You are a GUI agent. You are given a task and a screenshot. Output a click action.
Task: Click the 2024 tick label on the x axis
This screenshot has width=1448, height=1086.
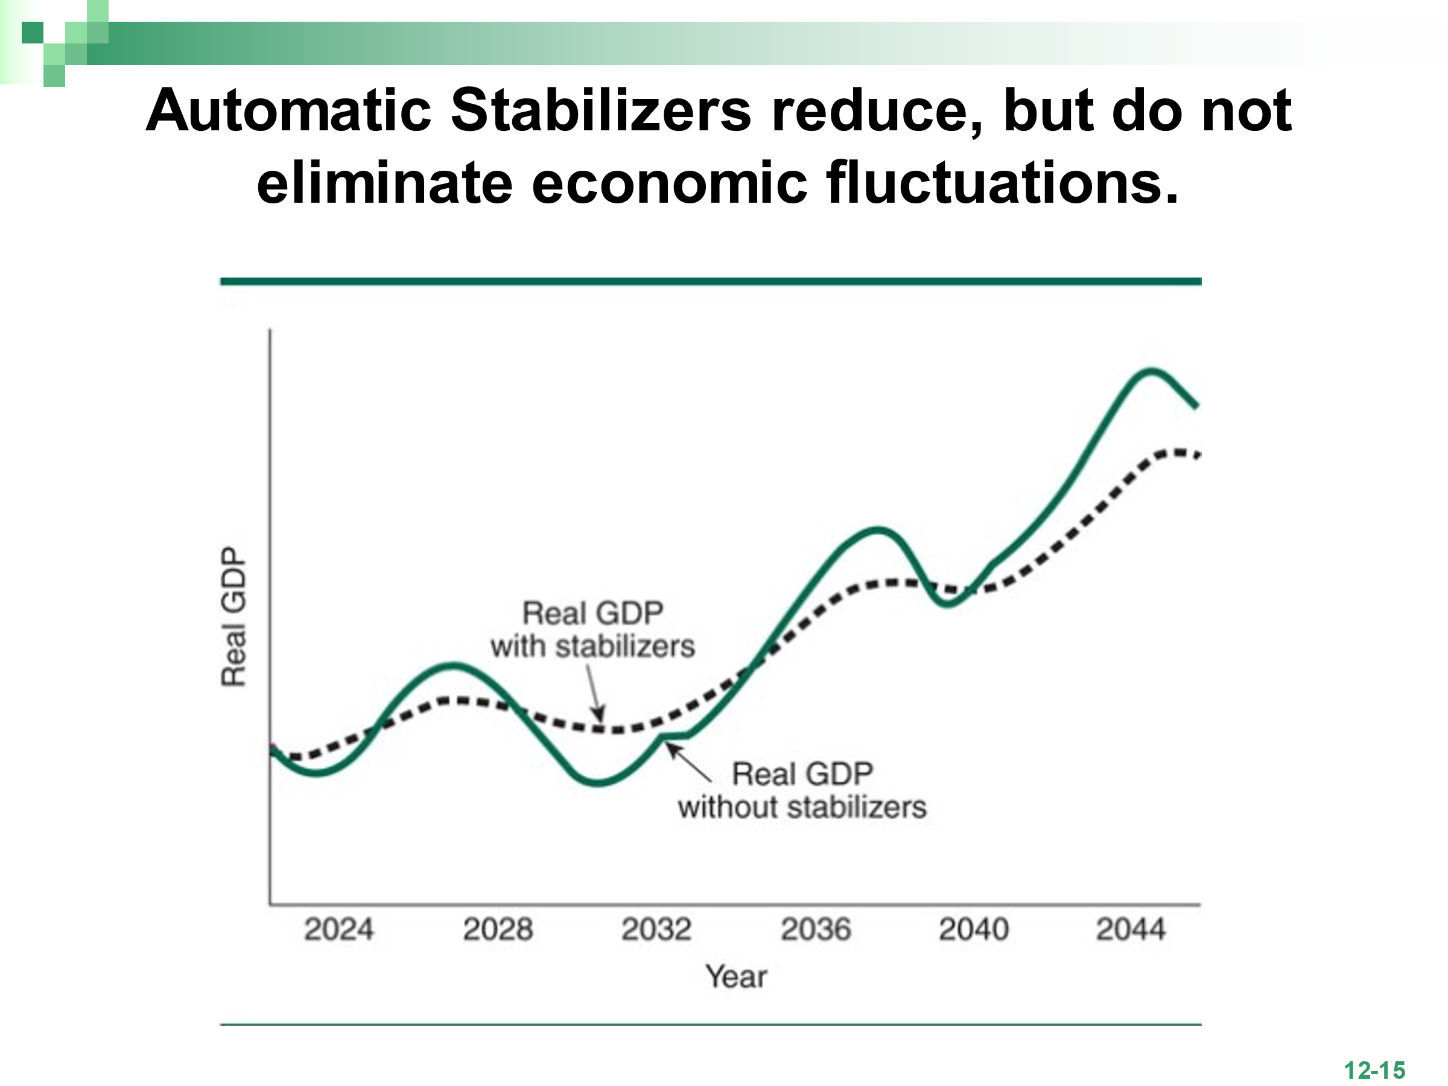(338, 930)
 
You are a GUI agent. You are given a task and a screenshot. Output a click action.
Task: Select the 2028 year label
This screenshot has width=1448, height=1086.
(498, 930)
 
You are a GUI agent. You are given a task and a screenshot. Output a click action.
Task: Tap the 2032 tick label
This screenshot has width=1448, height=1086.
(656, 930)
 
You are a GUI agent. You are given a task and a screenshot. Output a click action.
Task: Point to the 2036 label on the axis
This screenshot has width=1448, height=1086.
(816, 930)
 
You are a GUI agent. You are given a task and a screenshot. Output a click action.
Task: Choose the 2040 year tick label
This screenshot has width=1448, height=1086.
(973, 930)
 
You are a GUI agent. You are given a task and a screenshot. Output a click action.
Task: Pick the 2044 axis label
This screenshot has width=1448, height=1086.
(1131, 930)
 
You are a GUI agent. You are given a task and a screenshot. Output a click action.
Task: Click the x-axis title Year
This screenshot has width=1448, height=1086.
(736, 977)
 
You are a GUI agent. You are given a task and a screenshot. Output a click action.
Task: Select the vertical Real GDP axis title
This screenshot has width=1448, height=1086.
(233, 617)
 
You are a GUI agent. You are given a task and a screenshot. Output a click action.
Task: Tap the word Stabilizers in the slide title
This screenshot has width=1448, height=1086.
(600, 110)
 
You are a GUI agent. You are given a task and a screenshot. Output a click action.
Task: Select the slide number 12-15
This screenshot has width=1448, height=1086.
(1374, 1071)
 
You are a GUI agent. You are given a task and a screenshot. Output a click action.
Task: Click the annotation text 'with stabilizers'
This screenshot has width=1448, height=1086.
(592, 647)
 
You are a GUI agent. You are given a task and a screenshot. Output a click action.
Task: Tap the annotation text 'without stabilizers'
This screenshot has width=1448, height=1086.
(802, 807)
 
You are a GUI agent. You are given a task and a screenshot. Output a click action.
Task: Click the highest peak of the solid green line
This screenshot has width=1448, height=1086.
(1150, 371)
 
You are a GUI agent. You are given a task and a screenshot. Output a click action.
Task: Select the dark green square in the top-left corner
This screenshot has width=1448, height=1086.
(32, 32)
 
